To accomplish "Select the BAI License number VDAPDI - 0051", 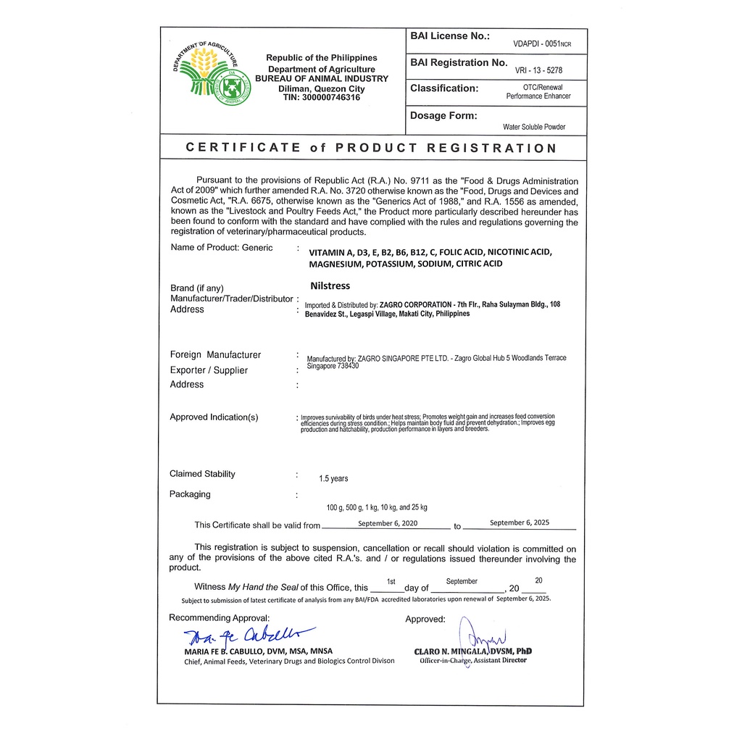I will click(542, 43).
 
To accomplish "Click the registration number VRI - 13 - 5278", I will click(538, 70).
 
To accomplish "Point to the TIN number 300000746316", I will click(321, 97).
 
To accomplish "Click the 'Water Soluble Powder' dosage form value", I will click(534, 127).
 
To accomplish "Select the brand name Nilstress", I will click(330, 285).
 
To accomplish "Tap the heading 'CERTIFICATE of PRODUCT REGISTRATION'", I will click(371, 148).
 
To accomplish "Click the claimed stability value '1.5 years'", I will click(333, 478).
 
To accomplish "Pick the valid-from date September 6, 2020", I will click(388, 522).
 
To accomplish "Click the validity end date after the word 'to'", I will click(520, 522).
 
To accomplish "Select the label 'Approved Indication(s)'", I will click(214, 417).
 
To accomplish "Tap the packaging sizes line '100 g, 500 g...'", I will click(377, 507).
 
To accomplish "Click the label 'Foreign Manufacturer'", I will click(215, 355).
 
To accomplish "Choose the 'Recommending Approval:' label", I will click(219, 617).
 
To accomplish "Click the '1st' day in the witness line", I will click(391, 581).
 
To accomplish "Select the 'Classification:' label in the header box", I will click(444, 88).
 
